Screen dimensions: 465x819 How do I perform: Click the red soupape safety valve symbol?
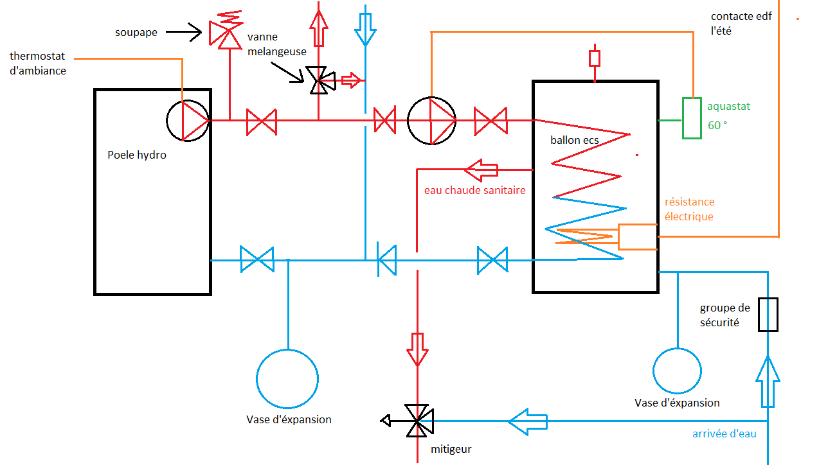[x=221, y=31]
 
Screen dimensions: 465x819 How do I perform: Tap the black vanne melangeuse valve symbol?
[x=318, y=80]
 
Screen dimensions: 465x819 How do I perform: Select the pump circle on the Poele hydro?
[x=188, y=120]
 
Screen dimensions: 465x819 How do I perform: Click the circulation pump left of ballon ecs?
[x=431, y=120]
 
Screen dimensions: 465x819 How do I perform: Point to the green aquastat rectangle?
[x=692, y=118]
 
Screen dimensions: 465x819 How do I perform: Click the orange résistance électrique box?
[x=637, y=236]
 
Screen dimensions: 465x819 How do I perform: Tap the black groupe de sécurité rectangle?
[x=768, y=315]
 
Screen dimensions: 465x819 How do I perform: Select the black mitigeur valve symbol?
[x=418, y=421]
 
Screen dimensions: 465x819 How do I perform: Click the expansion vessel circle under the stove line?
[x=287, y=379]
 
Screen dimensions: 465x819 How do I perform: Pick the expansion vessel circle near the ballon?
[x=677, y=371]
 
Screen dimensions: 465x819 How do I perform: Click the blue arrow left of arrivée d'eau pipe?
[x=528, y=421]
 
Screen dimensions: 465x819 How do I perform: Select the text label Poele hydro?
[x=137, y=155]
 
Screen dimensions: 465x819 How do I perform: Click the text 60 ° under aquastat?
[x=717, y=126]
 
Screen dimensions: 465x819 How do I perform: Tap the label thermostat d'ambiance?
[x=37, y=64]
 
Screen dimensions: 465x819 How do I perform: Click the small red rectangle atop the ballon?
[x=595, y=58]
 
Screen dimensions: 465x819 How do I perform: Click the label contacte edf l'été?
[x=741, y=23]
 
